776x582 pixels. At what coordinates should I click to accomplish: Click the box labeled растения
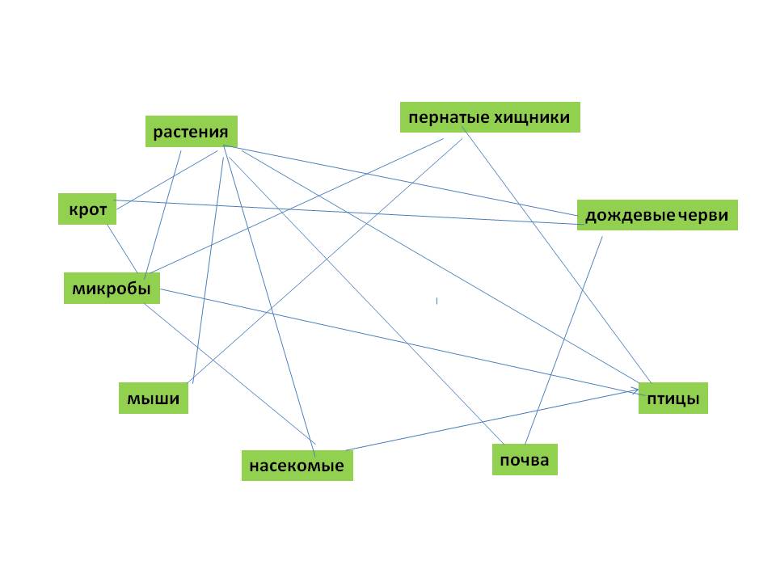coord(191,132)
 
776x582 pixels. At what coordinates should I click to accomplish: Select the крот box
coord(88,209)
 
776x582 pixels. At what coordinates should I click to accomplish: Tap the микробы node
coord(112,289)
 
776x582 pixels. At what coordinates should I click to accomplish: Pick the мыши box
coord(153,399)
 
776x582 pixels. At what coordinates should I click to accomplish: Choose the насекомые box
coord(297,466)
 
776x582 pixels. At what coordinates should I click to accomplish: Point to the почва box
coord(525,460)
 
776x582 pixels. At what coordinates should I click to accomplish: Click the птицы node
coord(673,399)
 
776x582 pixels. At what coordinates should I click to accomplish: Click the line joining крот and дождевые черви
coord(348,211)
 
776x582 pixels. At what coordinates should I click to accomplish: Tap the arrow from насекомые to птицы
coord(485,421)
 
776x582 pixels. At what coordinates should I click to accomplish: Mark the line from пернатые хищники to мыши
coord(323,263)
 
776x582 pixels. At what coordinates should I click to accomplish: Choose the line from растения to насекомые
coord(267,295)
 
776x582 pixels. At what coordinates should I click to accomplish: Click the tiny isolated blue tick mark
coord(437,301)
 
